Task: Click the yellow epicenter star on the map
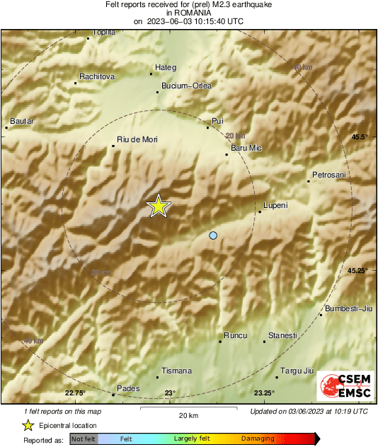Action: pyautogui.click(x=159, y=206)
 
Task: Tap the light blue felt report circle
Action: pyautogui.click(x=213, y=236)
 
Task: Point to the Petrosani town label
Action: pyautogui.click(x=329, y=175)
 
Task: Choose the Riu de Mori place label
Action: pyautogui.click(x=137, y=140)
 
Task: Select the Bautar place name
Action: pyautogui.click(x=22, y=121)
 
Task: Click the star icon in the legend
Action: pyautogui.click(x=28, y=425)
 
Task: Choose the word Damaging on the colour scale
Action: pyautogui.click(x=258, y=439)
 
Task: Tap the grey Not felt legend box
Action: pyautogui.click(x=84, y=439)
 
